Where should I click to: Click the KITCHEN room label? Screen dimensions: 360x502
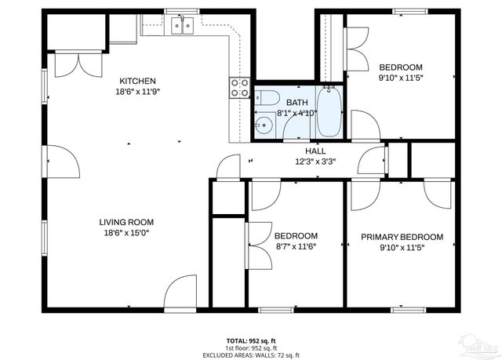137,81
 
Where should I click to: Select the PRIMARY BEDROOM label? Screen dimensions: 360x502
402,237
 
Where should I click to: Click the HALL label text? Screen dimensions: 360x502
315,151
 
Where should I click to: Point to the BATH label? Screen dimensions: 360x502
296,103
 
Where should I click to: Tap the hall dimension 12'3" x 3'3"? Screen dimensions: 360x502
315,162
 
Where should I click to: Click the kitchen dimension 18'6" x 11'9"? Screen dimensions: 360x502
137,92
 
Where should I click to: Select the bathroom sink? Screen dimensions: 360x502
262,124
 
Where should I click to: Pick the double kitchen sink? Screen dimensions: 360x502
184,27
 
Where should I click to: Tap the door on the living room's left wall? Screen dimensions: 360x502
62,161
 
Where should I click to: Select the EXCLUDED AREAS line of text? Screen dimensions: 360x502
250,355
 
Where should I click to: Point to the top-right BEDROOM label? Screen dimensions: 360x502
401,67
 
